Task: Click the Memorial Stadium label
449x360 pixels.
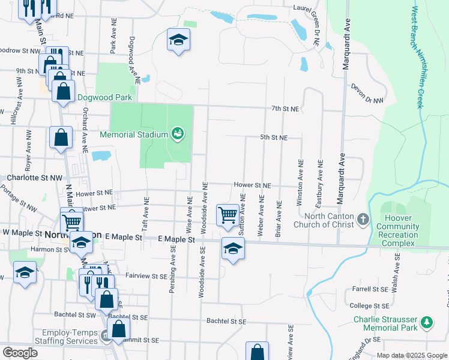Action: (134, 134)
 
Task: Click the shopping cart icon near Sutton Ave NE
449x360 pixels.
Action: (228, 215)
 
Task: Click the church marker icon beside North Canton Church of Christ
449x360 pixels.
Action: (363, 220)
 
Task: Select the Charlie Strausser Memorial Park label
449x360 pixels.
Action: (385, 324)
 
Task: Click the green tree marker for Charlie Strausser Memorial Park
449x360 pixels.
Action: (427, 322)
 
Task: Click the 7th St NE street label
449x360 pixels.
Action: (285, 109)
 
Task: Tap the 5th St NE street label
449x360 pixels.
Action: (274, 137)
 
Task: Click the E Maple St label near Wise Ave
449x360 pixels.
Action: (177, 239)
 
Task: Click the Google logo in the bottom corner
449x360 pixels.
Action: (20, 353)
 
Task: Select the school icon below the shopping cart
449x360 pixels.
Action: (233, 248)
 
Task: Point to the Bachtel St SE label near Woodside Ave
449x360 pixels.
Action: (225, 322)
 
